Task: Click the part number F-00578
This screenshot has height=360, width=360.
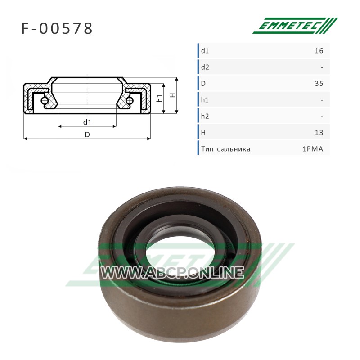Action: (x=57, y=28)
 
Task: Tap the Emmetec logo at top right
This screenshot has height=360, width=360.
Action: (x=295, y=26)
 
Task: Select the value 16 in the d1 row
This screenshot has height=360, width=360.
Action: (x=319, y=51)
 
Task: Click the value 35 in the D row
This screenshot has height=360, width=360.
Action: (x=319, y=84)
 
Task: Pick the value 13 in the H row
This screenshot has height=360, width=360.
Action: (x=319, y=133)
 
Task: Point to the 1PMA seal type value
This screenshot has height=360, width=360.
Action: (x=313, y=149)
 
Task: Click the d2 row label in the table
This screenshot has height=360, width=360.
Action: (x=205, y=67)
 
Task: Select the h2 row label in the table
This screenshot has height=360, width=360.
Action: (x=205, y=116)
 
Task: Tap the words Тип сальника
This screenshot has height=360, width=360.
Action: (x=226, y=149)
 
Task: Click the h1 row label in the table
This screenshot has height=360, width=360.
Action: (x=205, y=100)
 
